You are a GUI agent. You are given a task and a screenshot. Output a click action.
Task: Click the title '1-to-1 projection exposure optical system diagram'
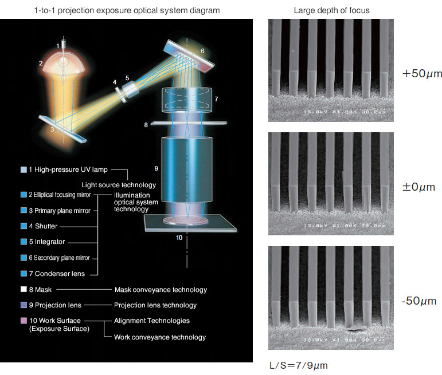(126, 10)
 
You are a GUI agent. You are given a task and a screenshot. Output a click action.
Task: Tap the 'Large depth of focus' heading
(331, 10)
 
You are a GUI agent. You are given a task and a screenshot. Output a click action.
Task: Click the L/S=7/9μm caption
(298, 365)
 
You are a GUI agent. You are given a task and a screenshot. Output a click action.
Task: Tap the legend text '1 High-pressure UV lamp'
(68, 169)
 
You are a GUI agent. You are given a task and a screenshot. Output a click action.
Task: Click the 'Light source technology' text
(119, 185)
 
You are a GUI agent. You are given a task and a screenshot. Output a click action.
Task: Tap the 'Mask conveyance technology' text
(161, 290)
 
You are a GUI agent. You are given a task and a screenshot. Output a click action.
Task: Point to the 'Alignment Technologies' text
(152, 321)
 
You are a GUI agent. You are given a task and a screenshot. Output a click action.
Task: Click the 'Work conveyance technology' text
(160, 337)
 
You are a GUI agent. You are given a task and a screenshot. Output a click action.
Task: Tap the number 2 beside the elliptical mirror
(41, 64)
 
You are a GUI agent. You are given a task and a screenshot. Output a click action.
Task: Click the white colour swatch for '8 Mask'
(23, 290)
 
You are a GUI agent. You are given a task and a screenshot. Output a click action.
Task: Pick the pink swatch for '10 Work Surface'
(23, 321)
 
